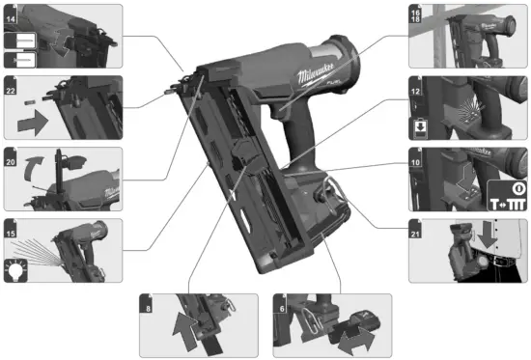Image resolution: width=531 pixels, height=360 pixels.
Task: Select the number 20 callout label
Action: coord(12,152)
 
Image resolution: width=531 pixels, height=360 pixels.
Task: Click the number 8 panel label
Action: coord(148,299)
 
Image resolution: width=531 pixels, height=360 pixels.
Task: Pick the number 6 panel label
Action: coord(280,299)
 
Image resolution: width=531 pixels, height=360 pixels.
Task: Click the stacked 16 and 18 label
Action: coord(417,14)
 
